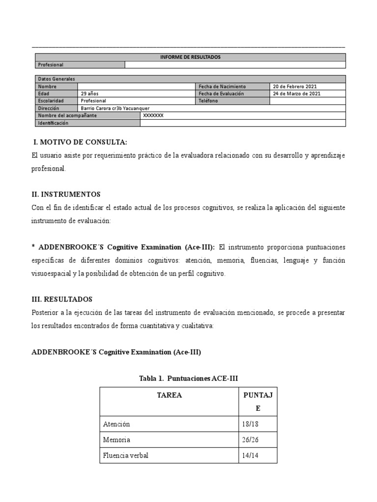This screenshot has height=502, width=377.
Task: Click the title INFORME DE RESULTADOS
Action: point(190,57)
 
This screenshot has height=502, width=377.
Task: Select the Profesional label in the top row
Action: point(51,65)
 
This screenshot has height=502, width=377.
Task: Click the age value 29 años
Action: point(90,94)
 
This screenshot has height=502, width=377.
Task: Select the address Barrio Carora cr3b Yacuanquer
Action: point(115,108)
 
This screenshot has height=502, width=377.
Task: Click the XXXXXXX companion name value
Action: point(153,116)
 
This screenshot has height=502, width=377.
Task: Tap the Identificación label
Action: point(54,123)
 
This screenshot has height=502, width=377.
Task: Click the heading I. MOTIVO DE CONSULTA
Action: point(80,142)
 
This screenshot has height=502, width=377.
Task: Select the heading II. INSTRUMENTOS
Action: point(66,195)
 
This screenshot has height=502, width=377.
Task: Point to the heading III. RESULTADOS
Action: point(62,299)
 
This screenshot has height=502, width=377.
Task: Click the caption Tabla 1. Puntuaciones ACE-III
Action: point(188,378)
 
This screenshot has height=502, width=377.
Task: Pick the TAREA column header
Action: point(169,395)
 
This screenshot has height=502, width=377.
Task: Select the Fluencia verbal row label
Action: point(126,455)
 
